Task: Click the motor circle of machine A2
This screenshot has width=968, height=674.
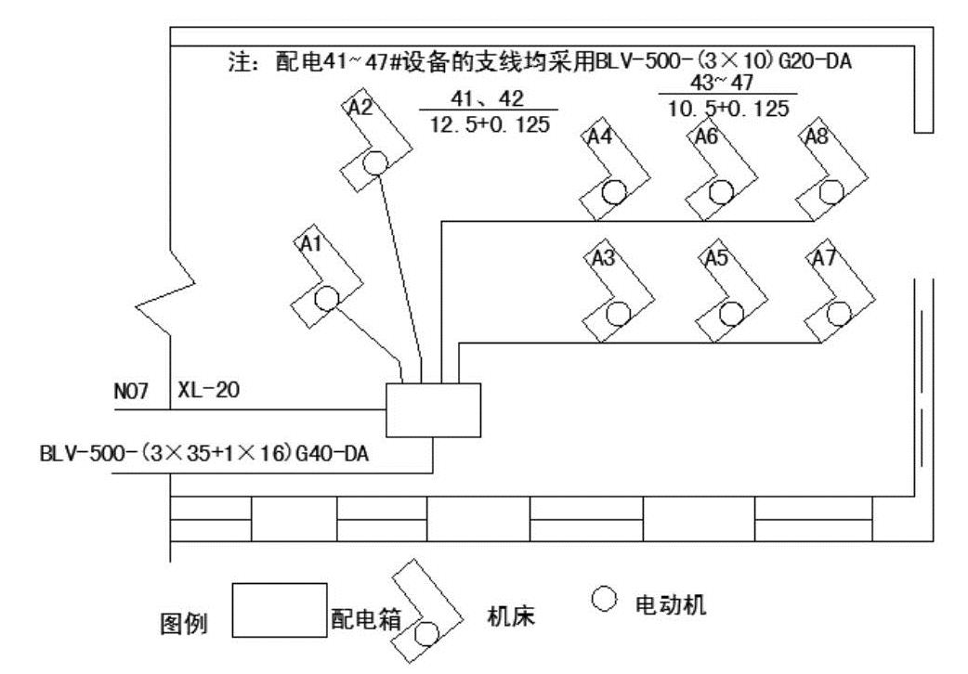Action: [374, 162]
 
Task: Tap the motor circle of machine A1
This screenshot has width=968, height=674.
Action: [326, 299]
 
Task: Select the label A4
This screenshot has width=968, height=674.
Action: [599, 136]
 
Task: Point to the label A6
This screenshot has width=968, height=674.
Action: [706, 136]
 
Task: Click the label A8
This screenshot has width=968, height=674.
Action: [817, 136]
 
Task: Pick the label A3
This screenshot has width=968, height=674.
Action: [604, 258]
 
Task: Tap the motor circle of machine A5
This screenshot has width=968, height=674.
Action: [731, 314]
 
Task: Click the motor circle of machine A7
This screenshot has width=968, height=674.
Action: [840, 313]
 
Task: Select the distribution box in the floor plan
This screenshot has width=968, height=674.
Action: [434, 409]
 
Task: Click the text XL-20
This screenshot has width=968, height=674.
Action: [208, 391]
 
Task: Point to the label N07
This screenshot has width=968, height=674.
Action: [131, 392]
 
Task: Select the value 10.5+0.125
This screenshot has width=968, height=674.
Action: [728, 109]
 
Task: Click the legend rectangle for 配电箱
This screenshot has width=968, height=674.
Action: [279, 610]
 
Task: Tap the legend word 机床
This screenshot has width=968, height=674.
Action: [511, 616]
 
